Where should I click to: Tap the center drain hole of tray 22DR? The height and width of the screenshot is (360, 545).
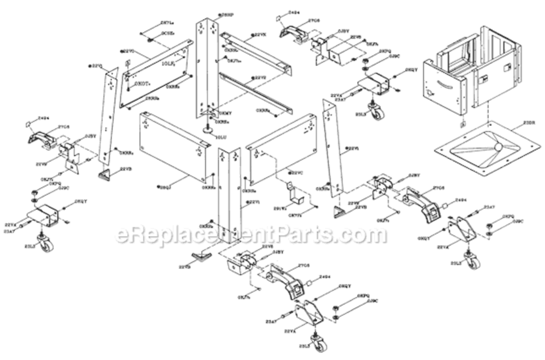(497, 146)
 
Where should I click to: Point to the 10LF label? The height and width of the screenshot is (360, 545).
(168, 63)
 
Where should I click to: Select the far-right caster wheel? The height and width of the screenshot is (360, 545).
(472, 262)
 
